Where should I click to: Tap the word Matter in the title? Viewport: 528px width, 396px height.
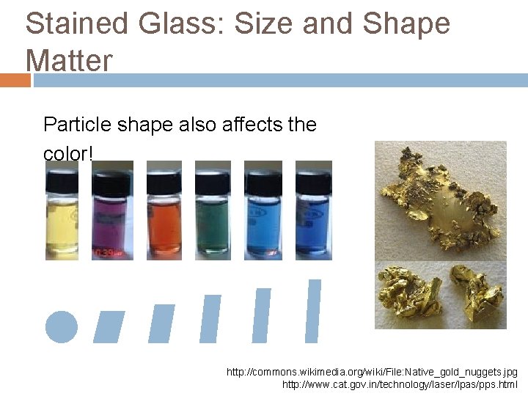coord(70,60)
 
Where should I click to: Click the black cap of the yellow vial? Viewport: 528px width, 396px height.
coord(62,177)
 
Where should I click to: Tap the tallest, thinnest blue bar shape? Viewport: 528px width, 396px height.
coord(313,310)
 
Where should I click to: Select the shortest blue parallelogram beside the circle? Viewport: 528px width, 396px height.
coord(109,327)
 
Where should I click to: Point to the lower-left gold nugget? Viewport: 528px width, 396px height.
coord(406,292)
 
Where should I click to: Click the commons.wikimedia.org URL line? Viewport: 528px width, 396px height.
coord(372,373)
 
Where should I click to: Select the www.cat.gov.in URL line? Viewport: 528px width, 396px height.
coord(400,384)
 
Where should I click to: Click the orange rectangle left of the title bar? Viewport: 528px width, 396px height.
coord(15,80)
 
